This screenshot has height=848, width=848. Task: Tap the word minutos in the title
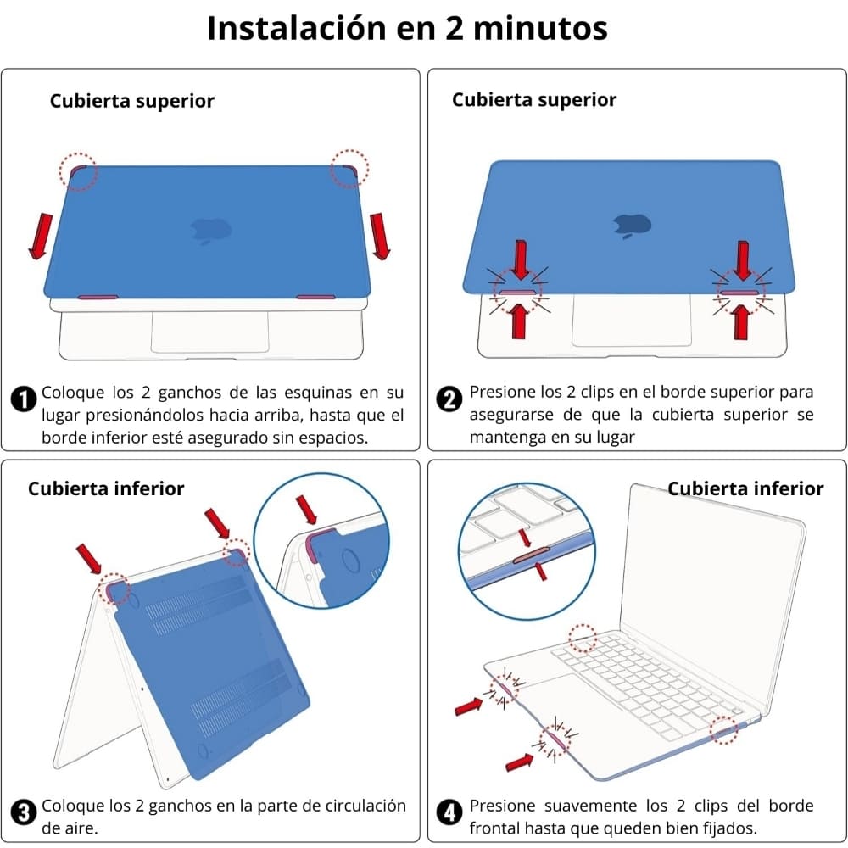[540, 28]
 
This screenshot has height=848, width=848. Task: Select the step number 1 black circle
[23, 399]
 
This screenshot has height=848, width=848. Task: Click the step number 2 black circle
[449, 399]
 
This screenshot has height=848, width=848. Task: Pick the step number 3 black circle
[23, 812]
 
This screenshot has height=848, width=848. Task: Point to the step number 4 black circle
[449, 812]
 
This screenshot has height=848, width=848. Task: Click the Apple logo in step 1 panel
[211, 232]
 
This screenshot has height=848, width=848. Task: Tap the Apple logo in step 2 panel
[632, 226]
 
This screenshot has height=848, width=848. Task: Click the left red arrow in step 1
[41, 237]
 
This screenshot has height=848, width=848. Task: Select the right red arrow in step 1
[380, 237]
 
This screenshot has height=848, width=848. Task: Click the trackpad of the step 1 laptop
[209, 332]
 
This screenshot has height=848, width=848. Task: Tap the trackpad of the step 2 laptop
[631, 321]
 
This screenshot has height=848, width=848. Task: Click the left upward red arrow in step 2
[519, 321]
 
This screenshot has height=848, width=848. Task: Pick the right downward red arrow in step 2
[743, 260]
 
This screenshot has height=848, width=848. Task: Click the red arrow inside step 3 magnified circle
[307, 510]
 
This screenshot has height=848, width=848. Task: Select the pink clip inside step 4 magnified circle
[531, 555]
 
